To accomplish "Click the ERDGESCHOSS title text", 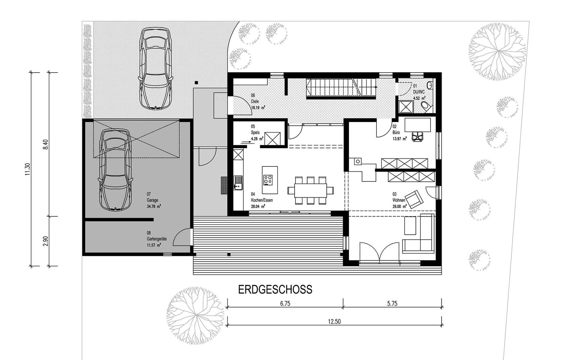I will pos(275,289).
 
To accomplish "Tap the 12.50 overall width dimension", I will pos(334,321).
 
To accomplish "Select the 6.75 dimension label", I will pos(285,303).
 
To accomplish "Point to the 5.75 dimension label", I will pos(392,303).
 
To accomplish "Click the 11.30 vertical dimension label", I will pos(28,169).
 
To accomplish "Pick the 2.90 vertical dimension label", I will pos(46,241).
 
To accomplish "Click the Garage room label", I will pos(152,200).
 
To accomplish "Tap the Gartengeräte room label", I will pos(156,239).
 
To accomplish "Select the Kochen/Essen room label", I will pos(262,200).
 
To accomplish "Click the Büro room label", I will pos(396,132).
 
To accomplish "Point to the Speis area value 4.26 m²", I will pos(257,139).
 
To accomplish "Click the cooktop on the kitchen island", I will pos(268,180).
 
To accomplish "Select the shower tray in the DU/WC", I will pos(405,107).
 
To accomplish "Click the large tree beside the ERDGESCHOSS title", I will pos(196,315).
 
